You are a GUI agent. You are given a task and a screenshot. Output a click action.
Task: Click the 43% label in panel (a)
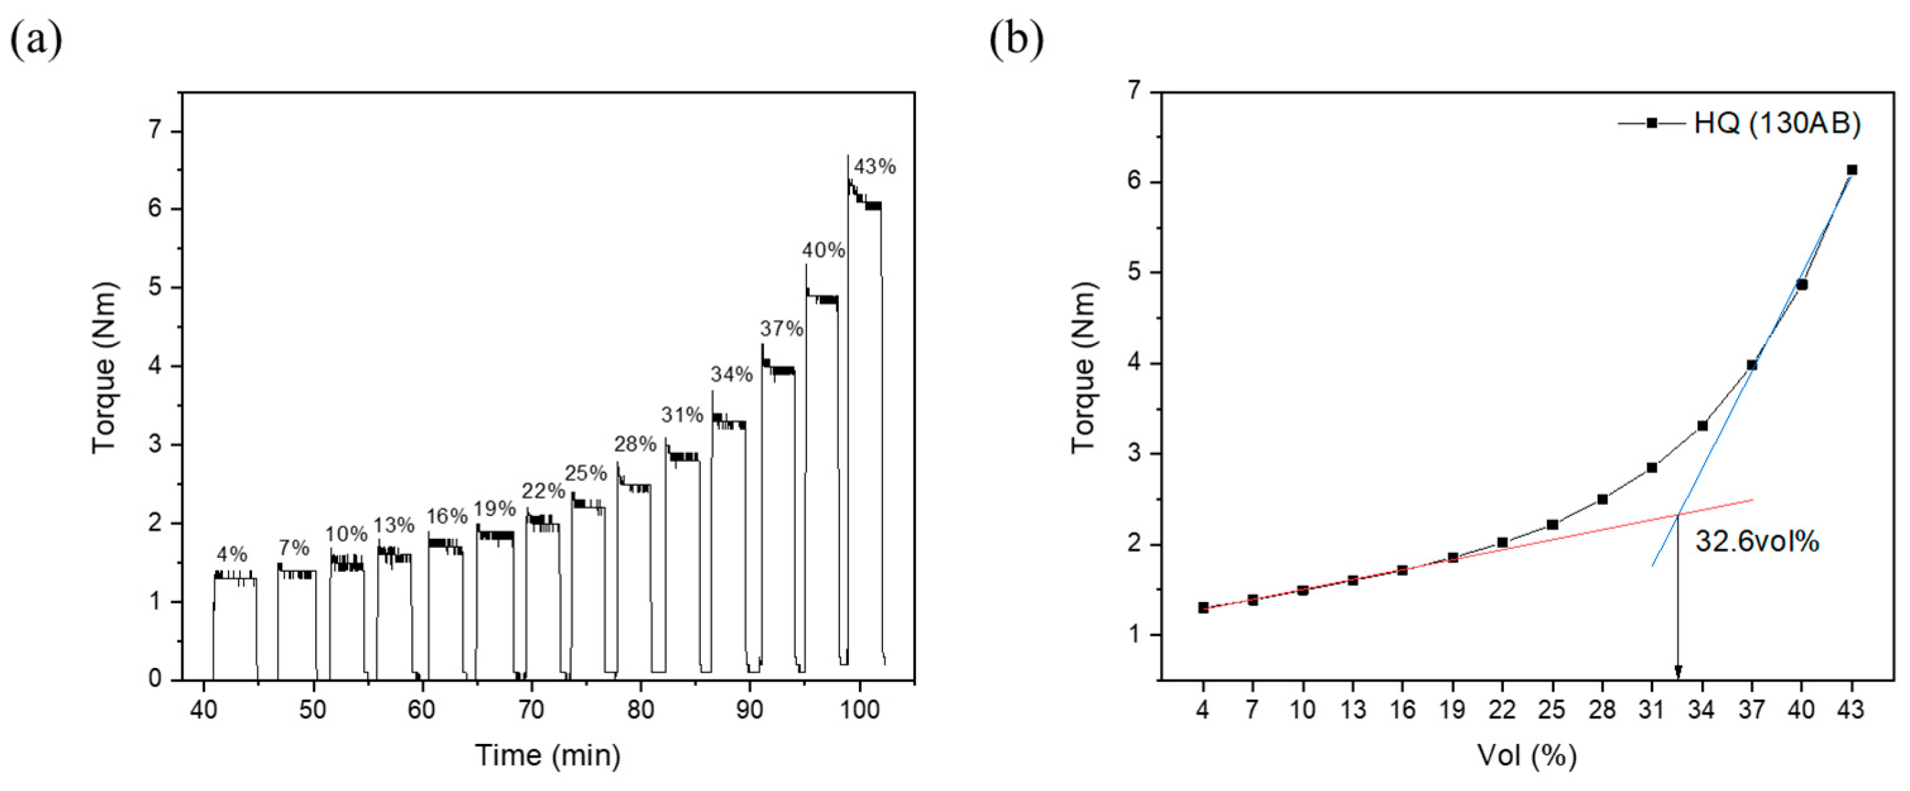(874, 167)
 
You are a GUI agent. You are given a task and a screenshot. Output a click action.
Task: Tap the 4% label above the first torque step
(232, 554)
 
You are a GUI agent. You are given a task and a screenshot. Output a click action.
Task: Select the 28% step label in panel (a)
(634, 444)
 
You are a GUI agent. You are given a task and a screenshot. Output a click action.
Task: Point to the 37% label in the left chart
(782, 329)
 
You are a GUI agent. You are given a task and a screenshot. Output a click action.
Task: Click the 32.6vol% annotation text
(1757, 542)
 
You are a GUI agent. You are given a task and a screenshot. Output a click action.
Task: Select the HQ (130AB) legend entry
(1776, 123)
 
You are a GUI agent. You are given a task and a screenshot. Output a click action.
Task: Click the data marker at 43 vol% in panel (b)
(1852, 170)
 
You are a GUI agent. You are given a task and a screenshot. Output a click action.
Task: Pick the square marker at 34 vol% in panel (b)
(1702, 425)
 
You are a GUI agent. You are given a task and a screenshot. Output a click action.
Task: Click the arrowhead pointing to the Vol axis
(1678, 671)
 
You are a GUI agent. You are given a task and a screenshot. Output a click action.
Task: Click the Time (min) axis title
(548, 755)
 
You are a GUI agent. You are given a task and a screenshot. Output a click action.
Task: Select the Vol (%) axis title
(1527, 755)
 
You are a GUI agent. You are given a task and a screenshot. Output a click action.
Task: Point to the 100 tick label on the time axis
(860, 710)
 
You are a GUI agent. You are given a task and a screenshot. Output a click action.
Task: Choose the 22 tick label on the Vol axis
(1502, 710)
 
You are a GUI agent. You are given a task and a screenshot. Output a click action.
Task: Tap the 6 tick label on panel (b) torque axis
(1134, 183)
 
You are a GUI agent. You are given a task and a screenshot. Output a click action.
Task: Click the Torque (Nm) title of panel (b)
(1083, 367)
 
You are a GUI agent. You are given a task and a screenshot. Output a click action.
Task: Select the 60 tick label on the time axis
(422, 710)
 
